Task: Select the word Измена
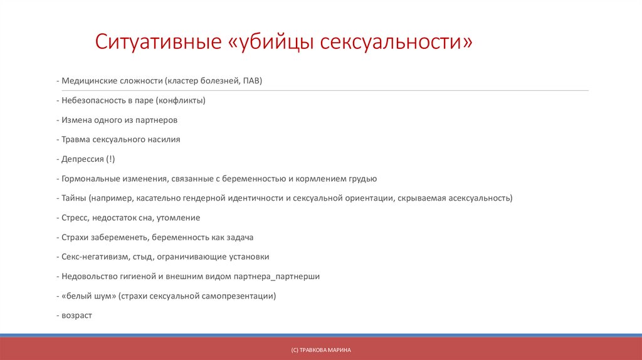pyautogui.click(x=76, y=120)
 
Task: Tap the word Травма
pyautogui.click(x=76, y=139)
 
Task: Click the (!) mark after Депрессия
pyautogui.click(x=110, y=159)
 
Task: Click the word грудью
pyautogui.click(x=362, y=179)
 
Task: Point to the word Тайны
pyautogui.click(x=74, y=198)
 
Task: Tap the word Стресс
pyautogui.click(x=75, y=218)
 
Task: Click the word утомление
pyautogui.click(x=179, y=218)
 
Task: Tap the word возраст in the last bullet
pyautogui.click(x=76, y=315)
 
